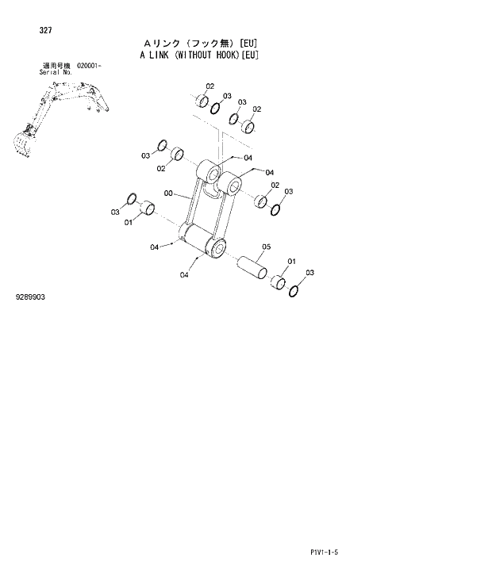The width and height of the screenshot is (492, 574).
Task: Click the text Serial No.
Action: point(56,72)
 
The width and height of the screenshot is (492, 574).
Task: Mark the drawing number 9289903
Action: point(30,297)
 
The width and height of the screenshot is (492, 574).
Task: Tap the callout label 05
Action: point(266,247)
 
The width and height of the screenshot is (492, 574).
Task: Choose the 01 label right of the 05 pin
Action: point(291,261)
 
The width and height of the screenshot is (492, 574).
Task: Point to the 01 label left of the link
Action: point(128,222)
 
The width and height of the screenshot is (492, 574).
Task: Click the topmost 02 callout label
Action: point(210,86)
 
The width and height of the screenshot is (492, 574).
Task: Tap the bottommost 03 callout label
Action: point(310,273)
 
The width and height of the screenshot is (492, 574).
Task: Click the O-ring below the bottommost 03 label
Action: point(294,289)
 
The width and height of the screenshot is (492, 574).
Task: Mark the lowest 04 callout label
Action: point(184,275)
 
